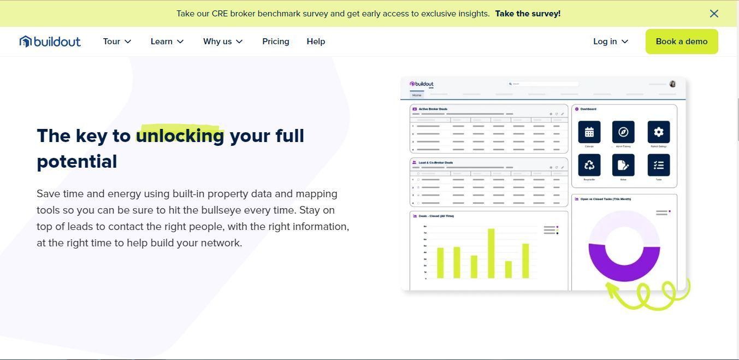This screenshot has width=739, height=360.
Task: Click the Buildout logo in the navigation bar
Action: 50,42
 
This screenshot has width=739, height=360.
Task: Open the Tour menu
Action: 117,42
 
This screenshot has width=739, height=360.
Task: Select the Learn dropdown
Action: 167,42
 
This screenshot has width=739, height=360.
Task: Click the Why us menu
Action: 222,42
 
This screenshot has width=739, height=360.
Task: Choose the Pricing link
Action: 275,42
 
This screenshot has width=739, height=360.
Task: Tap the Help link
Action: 316,42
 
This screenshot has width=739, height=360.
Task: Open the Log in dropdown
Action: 610,42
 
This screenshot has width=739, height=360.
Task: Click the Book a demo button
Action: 681,42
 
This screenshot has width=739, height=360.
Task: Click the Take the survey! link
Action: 528,14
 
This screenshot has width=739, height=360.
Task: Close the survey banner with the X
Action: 714,14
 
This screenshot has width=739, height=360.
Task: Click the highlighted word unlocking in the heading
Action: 180,135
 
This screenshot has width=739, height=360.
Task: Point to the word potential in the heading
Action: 77,162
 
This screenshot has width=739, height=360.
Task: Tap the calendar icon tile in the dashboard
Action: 589,132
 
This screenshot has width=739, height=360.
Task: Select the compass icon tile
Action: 623,132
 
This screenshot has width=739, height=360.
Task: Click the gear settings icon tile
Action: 658,132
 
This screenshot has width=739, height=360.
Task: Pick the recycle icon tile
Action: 589,165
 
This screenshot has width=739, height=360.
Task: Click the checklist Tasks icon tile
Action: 658,165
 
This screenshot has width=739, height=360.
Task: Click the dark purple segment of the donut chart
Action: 624,268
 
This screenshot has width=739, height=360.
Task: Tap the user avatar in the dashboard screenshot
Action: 672,84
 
